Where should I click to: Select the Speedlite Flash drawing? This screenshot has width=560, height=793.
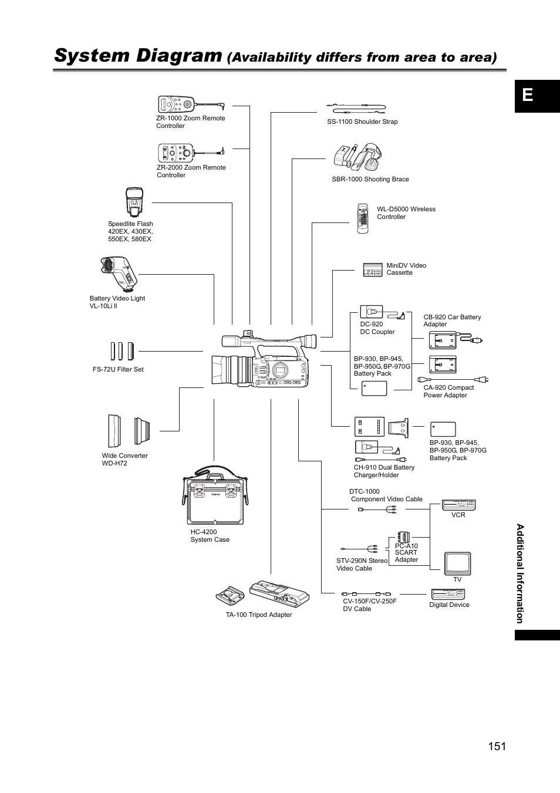(x=134, y=203)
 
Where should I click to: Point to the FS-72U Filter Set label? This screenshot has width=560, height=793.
(x=118, y=369)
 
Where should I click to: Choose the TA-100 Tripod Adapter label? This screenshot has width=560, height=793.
(x=259, y=615)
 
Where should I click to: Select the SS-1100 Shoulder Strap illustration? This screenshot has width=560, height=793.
(x=356, y=108)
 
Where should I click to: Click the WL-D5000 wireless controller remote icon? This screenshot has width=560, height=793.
(x=363, y=219)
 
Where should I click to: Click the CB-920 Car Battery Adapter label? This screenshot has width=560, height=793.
(x=451, y=320)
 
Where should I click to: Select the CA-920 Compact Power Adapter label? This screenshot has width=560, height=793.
(x=448, y=391)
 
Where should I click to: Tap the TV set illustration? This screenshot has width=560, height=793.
(x=457, y=563)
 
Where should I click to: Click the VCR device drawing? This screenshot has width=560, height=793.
(x=458, y=505)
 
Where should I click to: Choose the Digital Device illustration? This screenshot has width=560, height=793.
(x=448, y=594)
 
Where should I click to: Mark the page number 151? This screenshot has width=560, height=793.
(x=496, y=746)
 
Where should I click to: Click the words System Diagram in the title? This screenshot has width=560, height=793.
(x=138, y=55)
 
